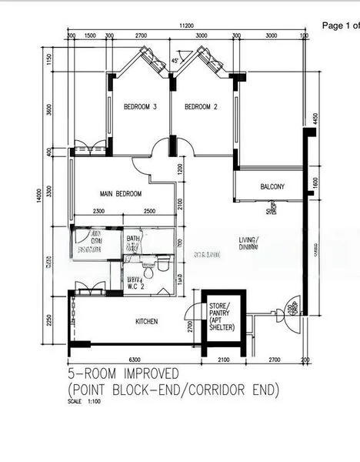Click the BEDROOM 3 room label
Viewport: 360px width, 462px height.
coord(140,107)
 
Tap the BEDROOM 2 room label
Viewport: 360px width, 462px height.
coord(202,107)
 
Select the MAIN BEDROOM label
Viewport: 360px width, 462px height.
coord(120,194)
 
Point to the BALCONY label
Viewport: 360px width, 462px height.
coord(272,186)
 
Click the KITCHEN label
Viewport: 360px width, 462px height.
coord(147,320)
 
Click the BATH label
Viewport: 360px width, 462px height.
coord(134,239)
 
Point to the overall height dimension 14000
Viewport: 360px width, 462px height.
coord(37,198)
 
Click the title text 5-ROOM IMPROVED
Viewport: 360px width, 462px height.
coord(121,375)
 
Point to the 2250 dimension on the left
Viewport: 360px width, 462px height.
coord(48,321)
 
